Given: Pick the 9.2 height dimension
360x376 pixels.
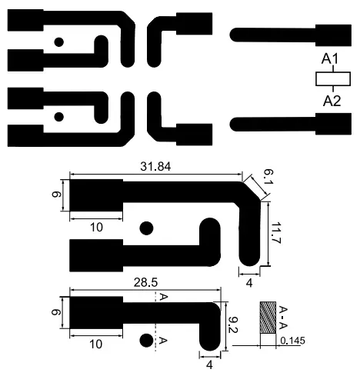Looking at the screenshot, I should point(232,322).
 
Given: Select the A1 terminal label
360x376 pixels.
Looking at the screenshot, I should point(330,59).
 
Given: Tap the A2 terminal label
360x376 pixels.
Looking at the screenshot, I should point(332,101).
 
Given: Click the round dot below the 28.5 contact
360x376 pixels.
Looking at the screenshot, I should point(145,340).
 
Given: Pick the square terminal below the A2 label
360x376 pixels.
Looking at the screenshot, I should point(335,123).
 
